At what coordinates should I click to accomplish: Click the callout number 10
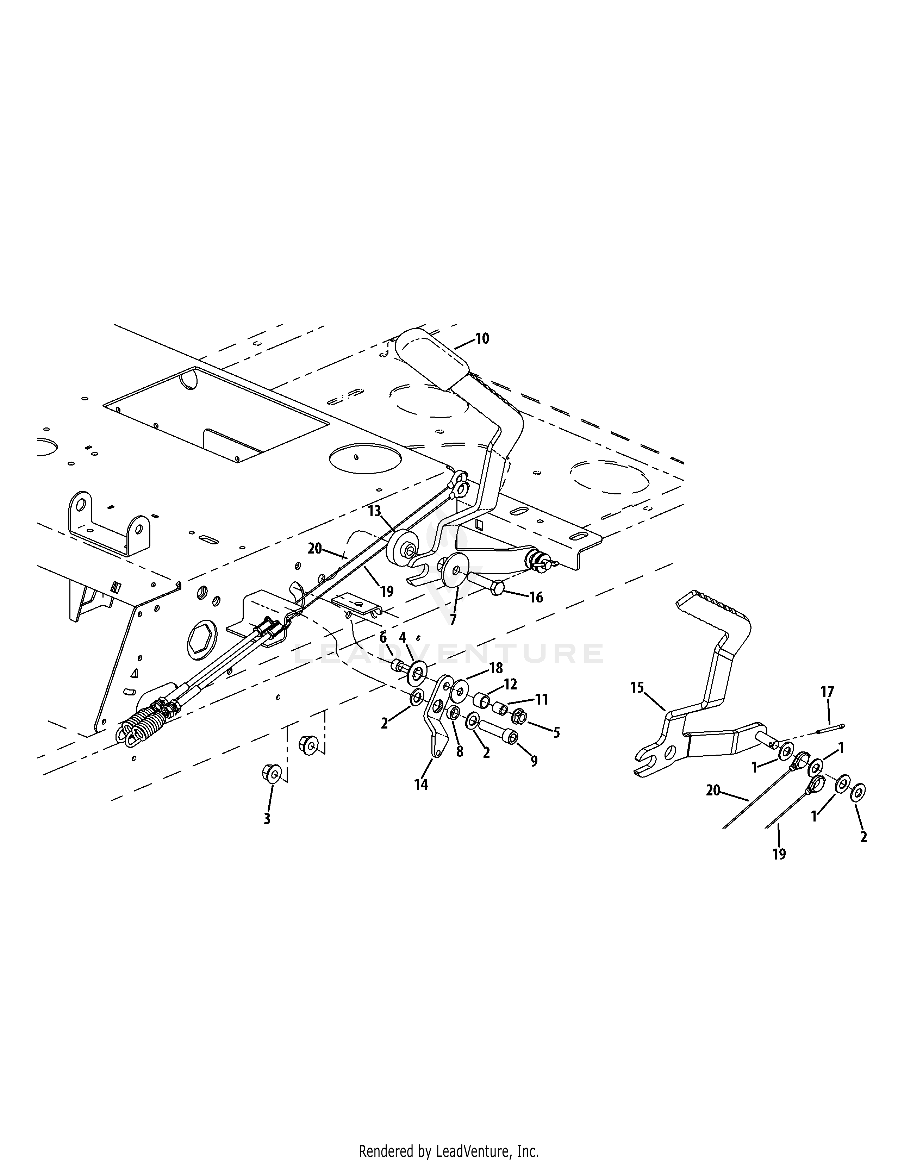[482, 338]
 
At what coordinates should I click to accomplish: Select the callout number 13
[375, 511]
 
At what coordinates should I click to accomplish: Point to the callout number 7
[453, 620]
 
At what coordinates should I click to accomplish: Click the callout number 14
[421, 784]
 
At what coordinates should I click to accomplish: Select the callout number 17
[827, 692]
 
